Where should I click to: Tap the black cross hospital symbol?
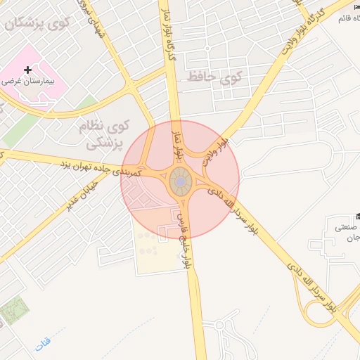(x=27, y=70)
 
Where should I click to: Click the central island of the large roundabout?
(x=180, y=182)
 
